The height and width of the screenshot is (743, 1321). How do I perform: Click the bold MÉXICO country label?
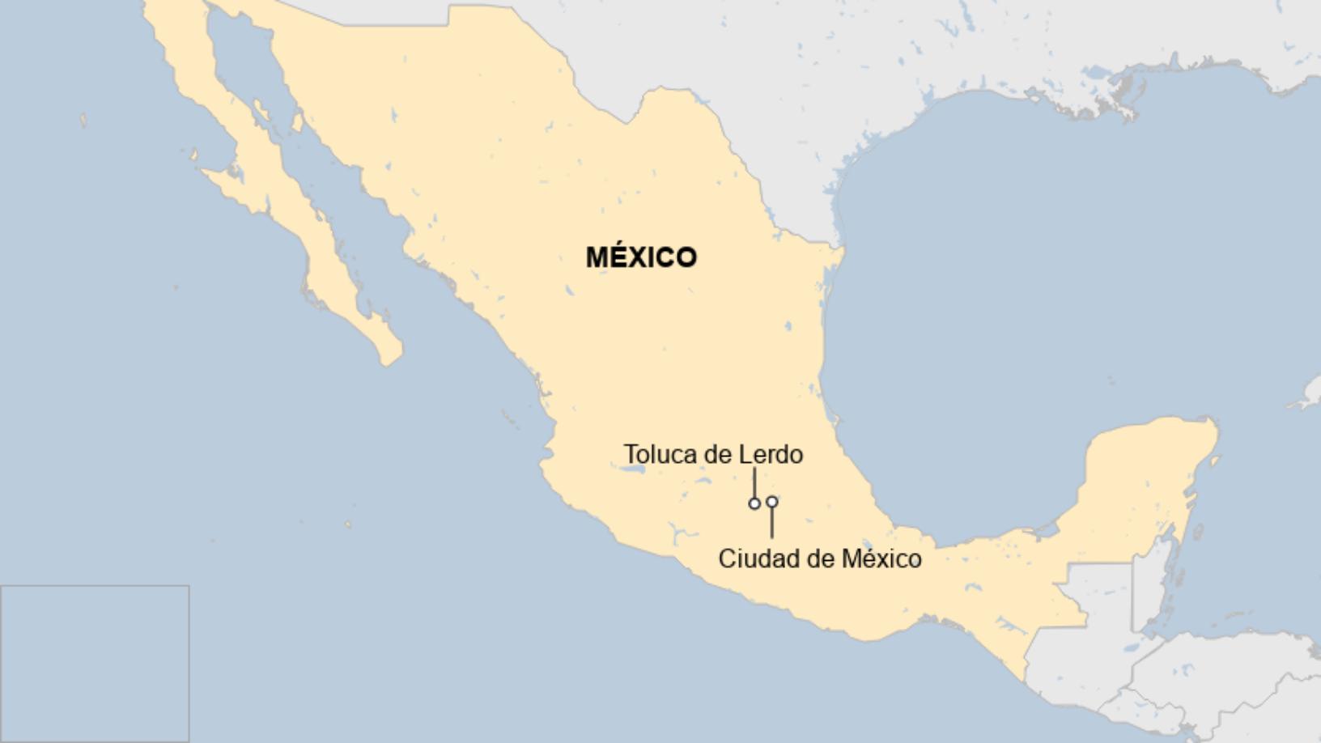click(x=641, y=257)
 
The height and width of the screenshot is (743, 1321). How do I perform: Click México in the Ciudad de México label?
click(x=881, y=559)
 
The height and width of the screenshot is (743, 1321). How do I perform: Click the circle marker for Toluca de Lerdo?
click(x=754, y=503)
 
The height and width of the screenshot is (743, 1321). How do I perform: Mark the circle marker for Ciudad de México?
click(x=772, y=502)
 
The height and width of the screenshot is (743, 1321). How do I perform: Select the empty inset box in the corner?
click(x=95, y=664)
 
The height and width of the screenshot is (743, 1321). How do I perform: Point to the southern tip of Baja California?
click(x=390, y=356)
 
